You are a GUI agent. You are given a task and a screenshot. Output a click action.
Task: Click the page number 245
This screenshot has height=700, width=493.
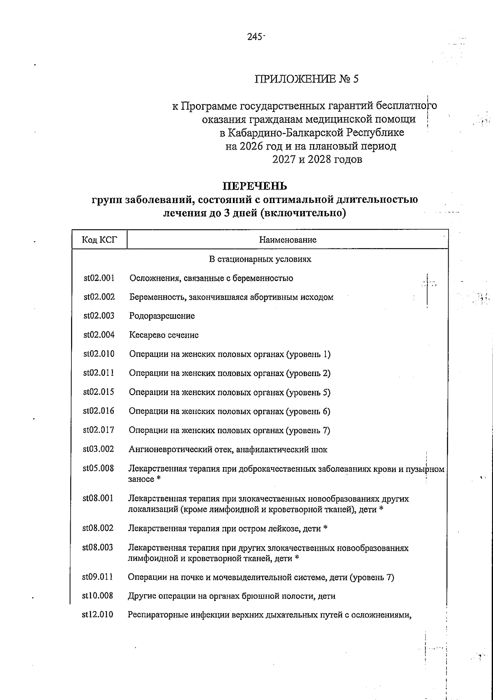click(x=255, y=37)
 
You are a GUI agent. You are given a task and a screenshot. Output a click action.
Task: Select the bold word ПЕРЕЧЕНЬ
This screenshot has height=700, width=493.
click(x=255, y=186)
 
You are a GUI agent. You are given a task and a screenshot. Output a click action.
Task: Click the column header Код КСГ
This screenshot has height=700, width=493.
click(x=99, y=240)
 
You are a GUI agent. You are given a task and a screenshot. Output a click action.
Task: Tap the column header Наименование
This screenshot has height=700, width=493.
click(x=288, y=240)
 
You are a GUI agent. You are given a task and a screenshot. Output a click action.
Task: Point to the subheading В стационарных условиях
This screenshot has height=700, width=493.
click(x=260, y=259)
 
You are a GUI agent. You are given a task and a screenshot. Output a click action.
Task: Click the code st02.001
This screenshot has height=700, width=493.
click(x=99, y=278)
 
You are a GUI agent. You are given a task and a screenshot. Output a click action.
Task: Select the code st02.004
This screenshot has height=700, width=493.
click(x=99, y=335)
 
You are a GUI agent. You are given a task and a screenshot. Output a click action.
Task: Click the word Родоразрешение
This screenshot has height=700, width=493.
click(x=162, y=316)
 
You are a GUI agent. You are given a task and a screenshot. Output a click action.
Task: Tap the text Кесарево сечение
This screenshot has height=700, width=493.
click(x=164, y=335)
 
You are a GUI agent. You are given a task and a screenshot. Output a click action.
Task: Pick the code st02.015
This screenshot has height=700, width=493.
click(x=99, y=392)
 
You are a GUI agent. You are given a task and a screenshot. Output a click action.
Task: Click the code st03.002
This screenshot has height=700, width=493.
click(x=99, y=449)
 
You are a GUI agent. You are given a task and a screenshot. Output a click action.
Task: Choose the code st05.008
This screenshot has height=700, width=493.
click(x=98, y=468)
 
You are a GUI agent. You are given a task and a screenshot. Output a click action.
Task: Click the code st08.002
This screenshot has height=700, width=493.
click(x=98, y=528)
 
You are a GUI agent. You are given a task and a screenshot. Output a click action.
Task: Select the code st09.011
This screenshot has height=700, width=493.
click(x=98, y=577)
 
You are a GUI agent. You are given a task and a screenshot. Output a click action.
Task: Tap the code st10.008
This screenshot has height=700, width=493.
click(x=98, y=596)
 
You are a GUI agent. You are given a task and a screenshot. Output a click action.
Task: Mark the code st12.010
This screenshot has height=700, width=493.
click(x=98, y=615)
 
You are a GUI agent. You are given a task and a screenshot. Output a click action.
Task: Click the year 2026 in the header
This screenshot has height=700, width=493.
click(x=249, y=146)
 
